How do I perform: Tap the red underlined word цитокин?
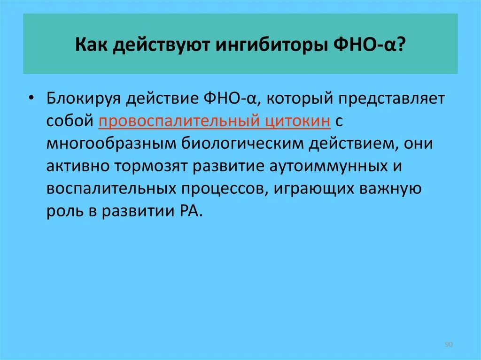tap(294, 121)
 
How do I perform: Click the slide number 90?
tap(448, 345)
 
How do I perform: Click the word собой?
tap(70, 121)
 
